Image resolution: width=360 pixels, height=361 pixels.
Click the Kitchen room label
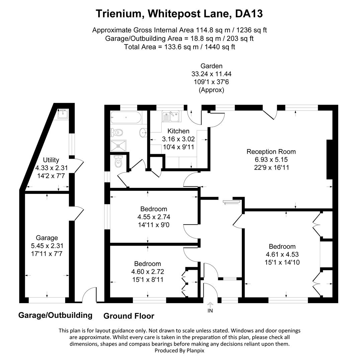[x=178, y=131]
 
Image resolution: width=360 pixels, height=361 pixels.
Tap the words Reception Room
[x=271, y=151]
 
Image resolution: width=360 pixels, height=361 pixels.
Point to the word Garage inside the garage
[x=47, y=238]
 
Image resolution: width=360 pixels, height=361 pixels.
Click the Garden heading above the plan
[x=211, y=66]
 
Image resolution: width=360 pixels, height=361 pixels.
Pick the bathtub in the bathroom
[x=125, y=117]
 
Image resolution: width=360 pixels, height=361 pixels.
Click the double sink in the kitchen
[x=171, y=116]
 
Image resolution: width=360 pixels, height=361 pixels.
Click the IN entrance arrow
[x=210, y=305]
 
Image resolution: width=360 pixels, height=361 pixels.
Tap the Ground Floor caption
[x=129, y=316]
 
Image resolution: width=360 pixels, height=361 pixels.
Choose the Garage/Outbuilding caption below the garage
[x=55, y=315]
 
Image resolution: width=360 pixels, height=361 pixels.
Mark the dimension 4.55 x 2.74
[x=153, y=217]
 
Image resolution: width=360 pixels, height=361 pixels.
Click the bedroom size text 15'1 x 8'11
[x=148, y=280]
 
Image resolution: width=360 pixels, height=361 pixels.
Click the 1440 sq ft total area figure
[x=219, y=47]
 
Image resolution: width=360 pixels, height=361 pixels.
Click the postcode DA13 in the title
[x=249, y=14]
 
